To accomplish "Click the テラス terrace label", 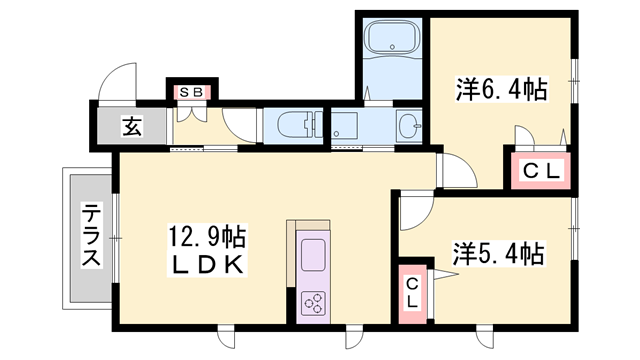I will [90, 236].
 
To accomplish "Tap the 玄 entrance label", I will [131, 126].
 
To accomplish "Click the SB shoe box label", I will [192, 93].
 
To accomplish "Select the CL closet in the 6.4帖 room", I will [541, 171].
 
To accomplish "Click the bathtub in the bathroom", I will [392, 41].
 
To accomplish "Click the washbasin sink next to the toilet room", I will [407, 127].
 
